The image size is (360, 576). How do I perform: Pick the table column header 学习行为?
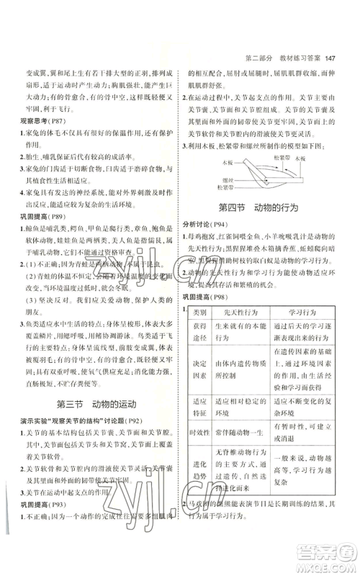tap(299, 312)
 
